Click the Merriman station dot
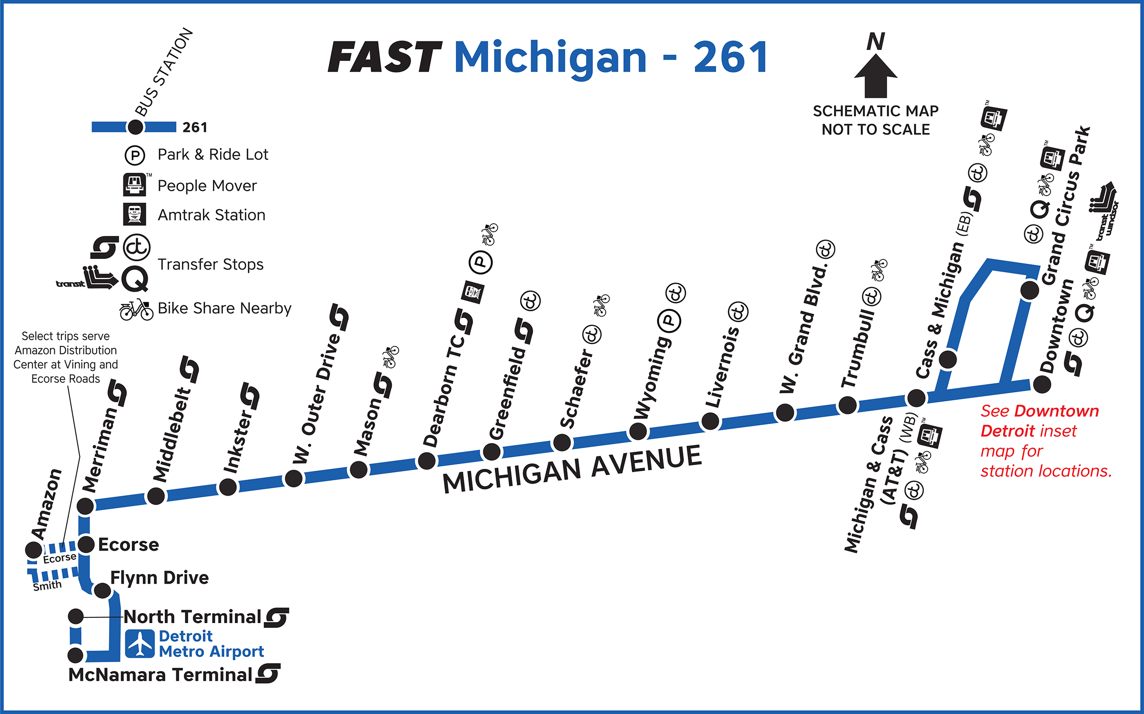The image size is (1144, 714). tap(85, 506)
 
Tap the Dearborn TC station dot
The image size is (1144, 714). tap(426, 460)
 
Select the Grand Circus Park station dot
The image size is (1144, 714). tap(1030, 290)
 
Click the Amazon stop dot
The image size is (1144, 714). tap(34, 550)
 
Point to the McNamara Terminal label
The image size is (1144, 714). tap(161, 674)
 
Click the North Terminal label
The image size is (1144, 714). tap(192, 617)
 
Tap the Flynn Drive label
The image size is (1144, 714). tap(160, 578)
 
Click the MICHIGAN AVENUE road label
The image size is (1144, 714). tap(572, 469)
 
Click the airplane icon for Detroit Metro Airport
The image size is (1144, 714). tap(140, 644)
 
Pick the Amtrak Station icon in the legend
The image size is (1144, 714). tap(135, 215)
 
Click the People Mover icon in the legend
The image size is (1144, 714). tap(135, 185)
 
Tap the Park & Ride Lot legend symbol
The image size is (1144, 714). tap(135, 155)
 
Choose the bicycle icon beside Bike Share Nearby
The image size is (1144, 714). tap(136, 310)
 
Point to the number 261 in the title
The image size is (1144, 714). tap(730, 57)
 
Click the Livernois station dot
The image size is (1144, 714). tap(710, 421)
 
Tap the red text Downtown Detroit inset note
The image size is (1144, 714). tap(1045, 441)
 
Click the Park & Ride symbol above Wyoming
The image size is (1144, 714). tap(669, 321)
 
